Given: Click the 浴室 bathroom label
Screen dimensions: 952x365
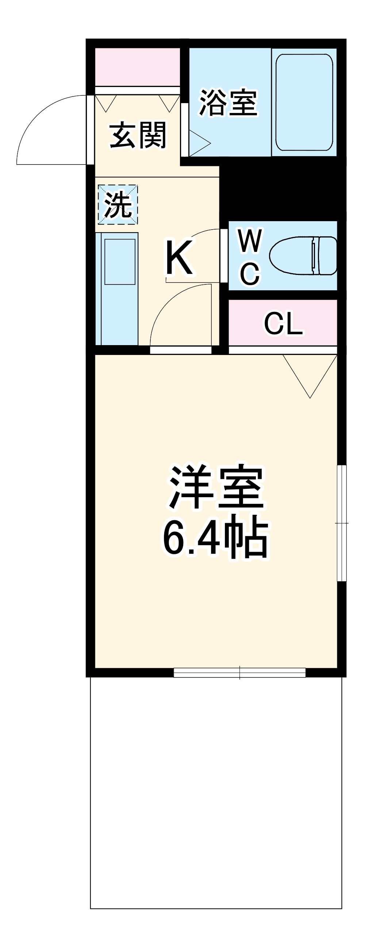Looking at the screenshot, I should click(228, 103).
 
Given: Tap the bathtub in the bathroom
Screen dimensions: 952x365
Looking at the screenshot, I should click(304, 102).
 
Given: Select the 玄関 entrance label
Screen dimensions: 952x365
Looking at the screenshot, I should click(138, 136).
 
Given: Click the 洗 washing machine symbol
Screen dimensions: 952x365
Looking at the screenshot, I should click(118, 205).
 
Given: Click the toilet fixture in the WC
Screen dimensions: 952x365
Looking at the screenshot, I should click(303, 256).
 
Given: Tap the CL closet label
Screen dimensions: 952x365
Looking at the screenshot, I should click(283, 324).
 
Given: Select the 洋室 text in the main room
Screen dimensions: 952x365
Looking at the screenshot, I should click(216, 487).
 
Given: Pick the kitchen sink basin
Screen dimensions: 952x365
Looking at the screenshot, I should click(120, 262).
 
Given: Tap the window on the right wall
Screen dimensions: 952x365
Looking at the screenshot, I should click(342, 523).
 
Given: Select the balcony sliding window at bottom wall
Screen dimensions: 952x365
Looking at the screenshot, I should click(239, 673).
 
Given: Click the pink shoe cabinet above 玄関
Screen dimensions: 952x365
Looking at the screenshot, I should click(137, 67).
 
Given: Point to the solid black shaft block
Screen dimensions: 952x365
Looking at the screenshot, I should click(283, 189).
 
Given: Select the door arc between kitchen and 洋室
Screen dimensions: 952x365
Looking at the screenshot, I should click(173, 307).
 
